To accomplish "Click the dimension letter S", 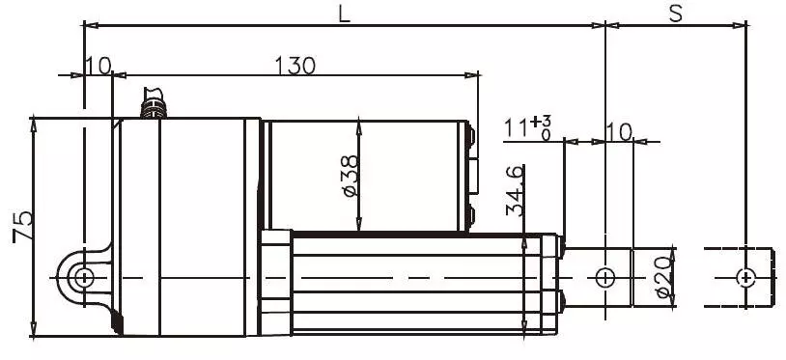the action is pyautogui.click(x=676, y=14).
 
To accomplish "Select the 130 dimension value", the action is pyautogui.click(x=295, y=65).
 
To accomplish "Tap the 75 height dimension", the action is pyautogui.click(x=23, y=226).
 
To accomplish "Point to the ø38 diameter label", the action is pyautogui.click(x=351, y=176).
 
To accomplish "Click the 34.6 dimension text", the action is pyautogui.click(x=515, y=191).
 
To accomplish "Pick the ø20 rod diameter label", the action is pyautogui.click(x=664, y=277).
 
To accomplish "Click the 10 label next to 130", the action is pyautogui.click(x=98, y=65).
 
